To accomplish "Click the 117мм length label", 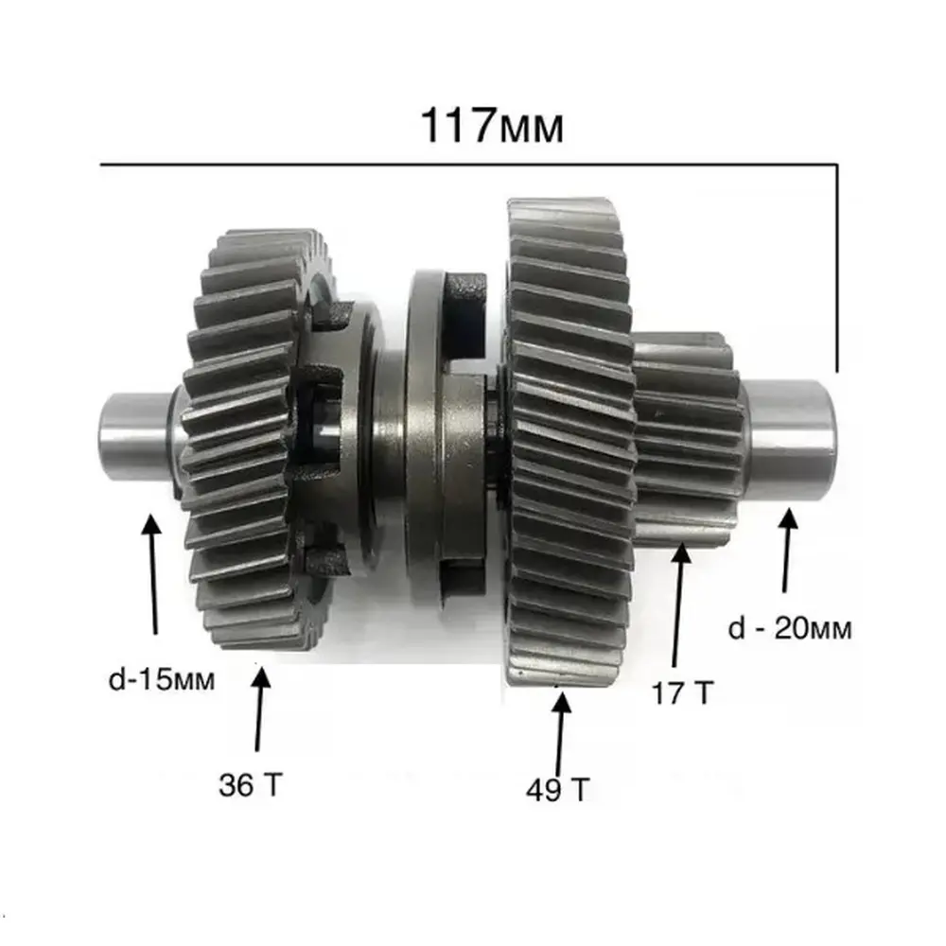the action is [x=492, y=126].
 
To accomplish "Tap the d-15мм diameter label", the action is [x=162, y=680].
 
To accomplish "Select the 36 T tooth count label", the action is [x=251, y=785].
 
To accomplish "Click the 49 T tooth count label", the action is [x=557, y=790].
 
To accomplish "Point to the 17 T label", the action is [x=682, y=692].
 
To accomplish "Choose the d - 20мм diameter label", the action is [x=790, y=629].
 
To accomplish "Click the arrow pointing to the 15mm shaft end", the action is [x=154, y=573].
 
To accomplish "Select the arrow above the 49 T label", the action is [x=560, y=734].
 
